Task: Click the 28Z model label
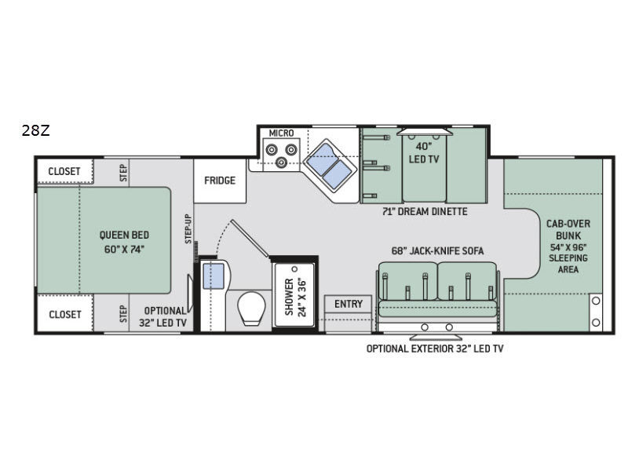click(x=35, y=130)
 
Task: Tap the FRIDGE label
click(x=220, y=181)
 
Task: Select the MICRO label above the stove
click(x=281, y=133)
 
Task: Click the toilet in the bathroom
click(x=251, y=308)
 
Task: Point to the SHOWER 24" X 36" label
click(x=295, y=298)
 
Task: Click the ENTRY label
click(x=349, y=304)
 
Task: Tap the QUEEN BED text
click(x=124, y=235)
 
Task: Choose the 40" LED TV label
click(x=424, y=152)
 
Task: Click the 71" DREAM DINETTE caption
click(x=425, y=211)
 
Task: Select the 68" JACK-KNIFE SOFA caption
click(x=437, y=250)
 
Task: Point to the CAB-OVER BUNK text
click(x=568, y=229)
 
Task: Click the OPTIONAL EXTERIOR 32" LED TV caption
click(x=435, y=349)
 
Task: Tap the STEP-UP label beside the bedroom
click(x=188, y=228)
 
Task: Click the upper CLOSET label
click(x=64, y=171)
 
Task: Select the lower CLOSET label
click(x=65, y=315)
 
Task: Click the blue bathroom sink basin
click(x=214, y=276)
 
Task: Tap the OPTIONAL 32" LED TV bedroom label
click(x=163, y=316)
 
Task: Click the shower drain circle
click(x=295, y=268)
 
